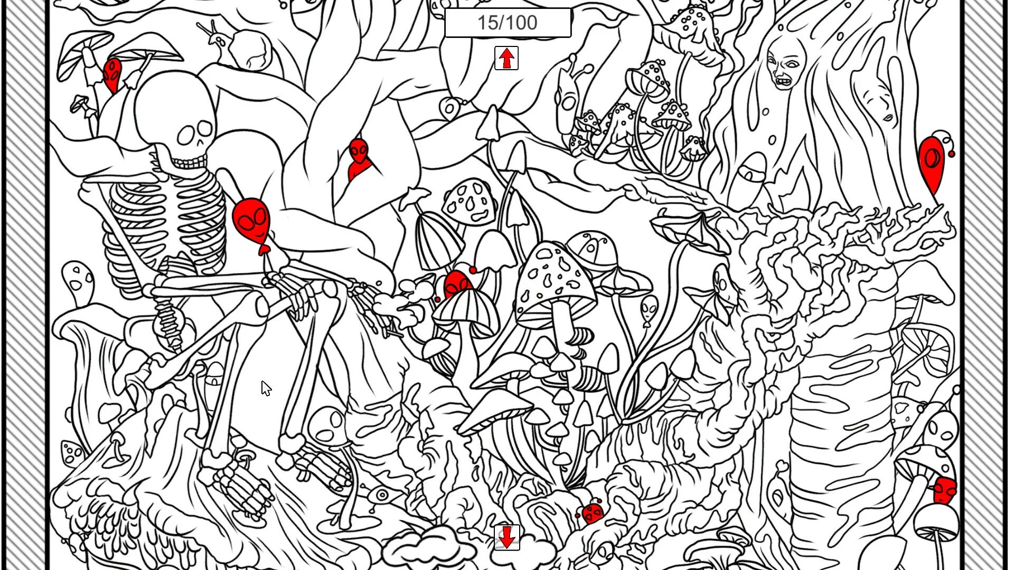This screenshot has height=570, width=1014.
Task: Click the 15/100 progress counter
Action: [508, 23]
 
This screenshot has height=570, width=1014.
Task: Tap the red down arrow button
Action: [507, 537]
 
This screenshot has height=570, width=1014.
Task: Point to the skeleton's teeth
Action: [189, 161]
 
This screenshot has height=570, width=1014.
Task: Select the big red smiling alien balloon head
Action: [251, 222]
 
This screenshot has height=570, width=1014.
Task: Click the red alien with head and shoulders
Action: [359, 158]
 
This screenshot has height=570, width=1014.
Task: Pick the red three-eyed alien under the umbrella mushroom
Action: [112, 75]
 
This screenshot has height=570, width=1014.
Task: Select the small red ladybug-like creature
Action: [593, 512]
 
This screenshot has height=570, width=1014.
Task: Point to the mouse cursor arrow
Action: [266, 388]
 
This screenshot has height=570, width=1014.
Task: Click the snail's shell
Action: [251, 50]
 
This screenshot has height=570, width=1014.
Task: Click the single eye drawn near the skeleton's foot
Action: [382, 495]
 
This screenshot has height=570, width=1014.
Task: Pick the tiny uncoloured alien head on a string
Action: [649, 309]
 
